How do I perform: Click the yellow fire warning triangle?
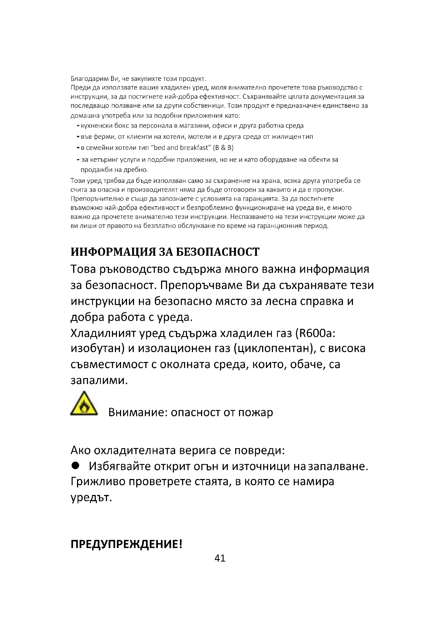click(84, 404)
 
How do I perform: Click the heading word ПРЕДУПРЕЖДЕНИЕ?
click(126, 545)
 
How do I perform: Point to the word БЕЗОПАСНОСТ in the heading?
click(218, 252)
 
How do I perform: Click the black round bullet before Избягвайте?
click(75, 466)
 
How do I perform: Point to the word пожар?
click(255, 413)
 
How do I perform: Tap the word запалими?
click(99, 381)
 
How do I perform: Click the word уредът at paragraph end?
click(91, 498)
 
